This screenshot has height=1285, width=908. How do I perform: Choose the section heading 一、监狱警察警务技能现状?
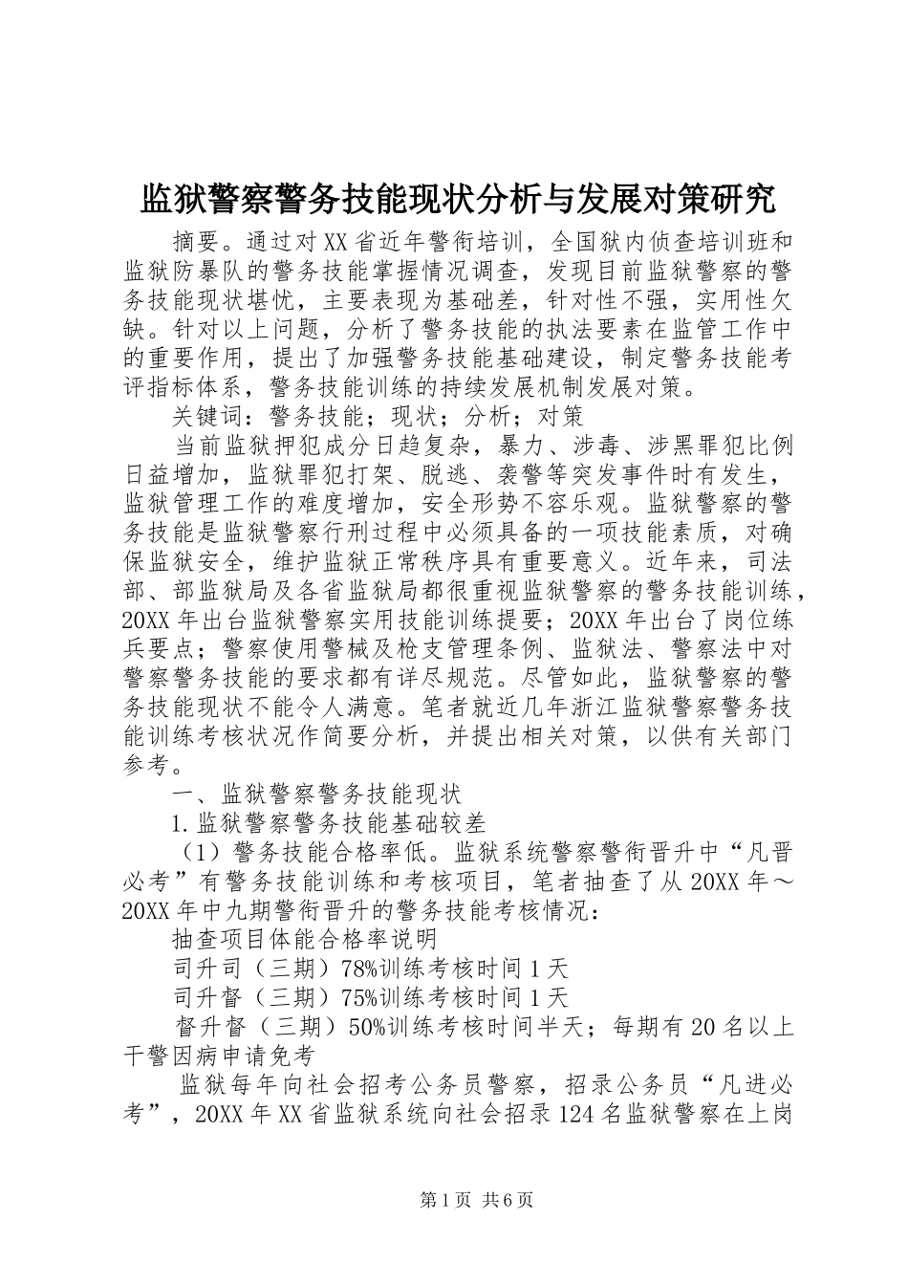coord(316,795)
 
